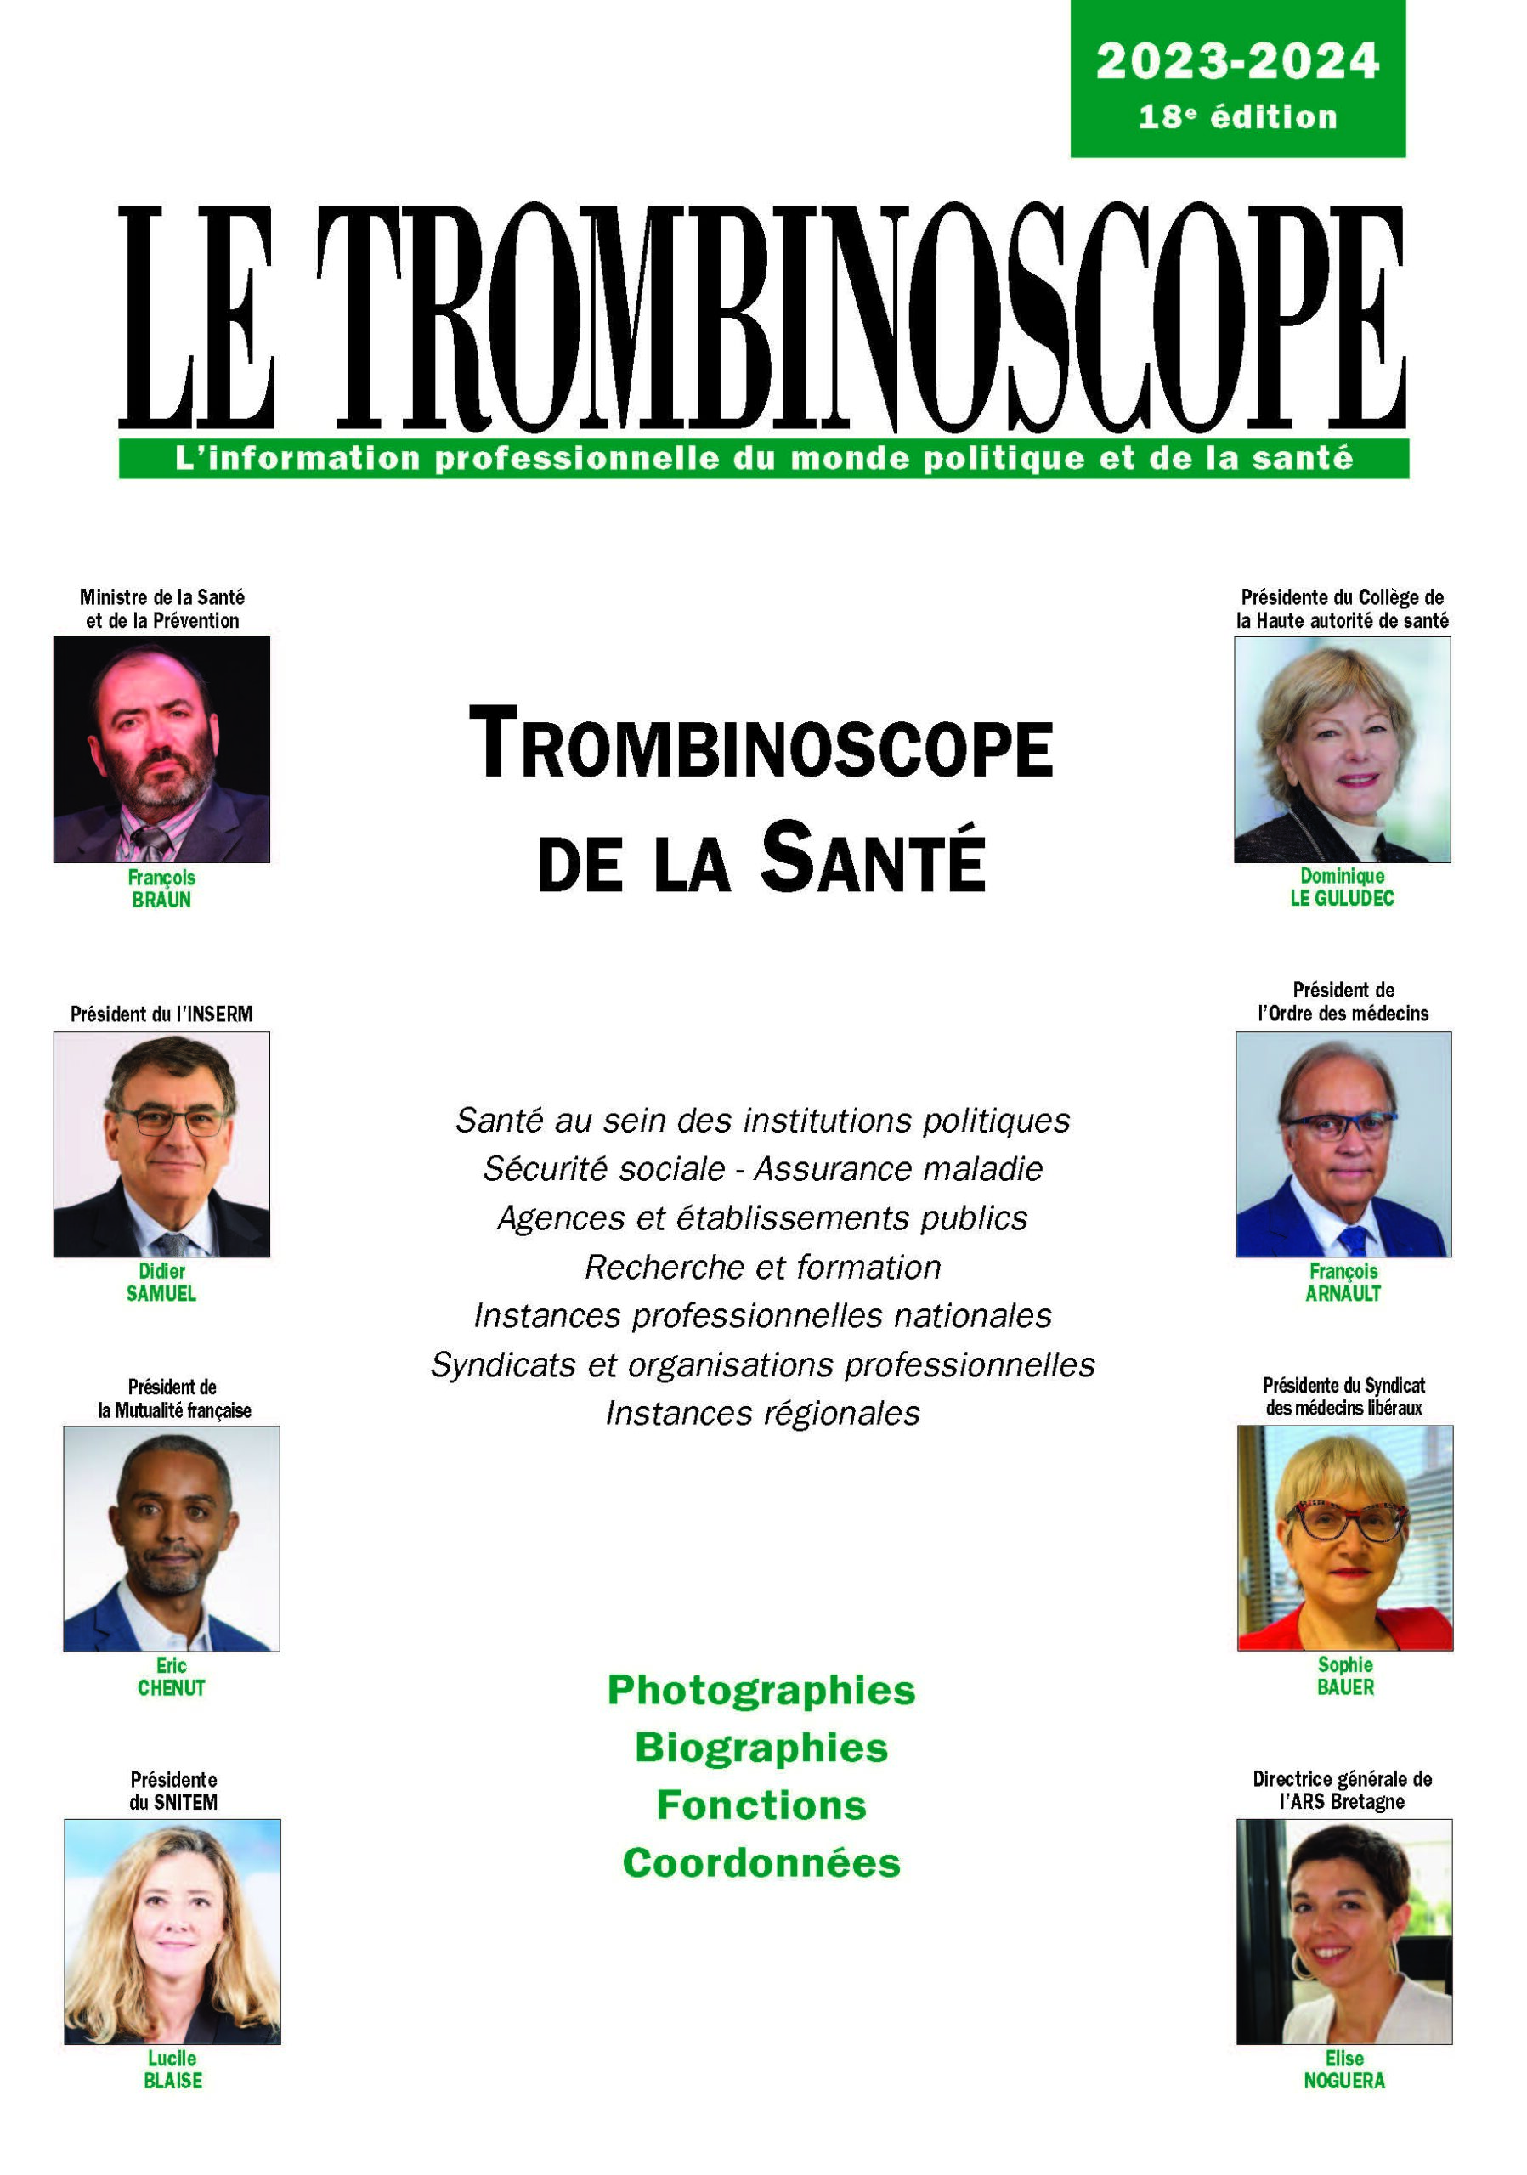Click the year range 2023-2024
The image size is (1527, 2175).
(1236, 61)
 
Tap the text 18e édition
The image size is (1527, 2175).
(1236, 116)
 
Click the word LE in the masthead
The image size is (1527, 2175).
(197, 318)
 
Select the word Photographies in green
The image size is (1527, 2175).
(761, 1690)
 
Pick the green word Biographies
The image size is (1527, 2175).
(761, 1748)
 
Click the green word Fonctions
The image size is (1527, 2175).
(761, 1805)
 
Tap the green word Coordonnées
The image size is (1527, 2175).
(761, 1863)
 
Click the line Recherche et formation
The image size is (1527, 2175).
(762, 1267)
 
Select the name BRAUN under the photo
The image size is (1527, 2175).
(161, 900)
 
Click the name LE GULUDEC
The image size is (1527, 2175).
(1342, 898)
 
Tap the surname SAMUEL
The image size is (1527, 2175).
(161, 1293)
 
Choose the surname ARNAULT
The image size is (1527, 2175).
(1343, 1293)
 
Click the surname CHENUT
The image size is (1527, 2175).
(172, 1687)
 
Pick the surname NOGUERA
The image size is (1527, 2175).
(1343, 2081)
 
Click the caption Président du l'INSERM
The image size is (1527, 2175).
(161, 1014)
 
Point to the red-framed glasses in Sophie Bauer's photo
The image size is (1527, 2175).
(1344, 1522)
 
